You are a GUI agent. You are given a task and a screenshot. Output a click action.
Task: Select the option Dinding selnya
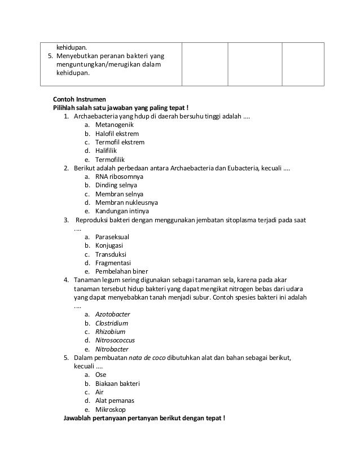[116, 185]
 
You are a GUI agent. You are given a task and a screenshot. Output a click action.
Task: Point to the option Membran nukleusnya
[126, 202]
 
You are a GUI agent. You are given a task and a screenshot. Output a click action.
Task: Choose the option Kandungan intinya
[122, 211]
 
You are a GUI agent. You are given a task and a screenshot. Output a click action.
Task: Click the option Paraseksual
[112, 237]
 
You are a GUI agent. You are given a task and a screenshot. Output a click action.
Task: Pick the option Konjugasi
[109, 245]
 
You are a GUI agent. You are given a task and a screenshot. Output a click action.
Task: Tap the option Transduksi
[111, 254]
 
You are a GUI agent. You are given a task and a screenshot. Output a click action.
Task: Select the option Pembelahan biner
[121, 271]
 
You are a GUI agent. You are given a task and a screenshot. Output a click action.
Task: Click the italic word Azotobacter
[113, 314]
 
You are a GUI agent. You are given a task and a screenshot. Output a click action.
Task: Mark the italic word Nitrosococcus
[115, 340]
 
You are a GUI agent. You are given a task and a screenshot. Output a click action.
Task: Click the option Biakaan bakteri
[117, 384]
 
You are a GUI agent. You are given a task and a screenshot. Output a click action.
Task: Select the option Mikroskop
[111, 410]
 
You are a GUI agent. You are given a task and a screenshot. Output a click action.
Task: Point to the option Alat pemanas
[115, 401]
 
